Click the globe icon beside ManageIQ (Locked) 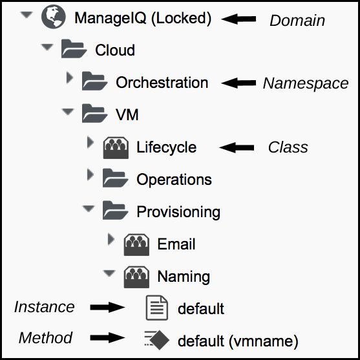pos(54,17)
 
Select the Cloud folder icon pos(74,48)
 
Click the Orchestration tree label pos(162,83)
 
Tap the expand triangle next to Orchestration pos(69,78)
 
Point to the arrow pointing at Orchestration pos(238,83)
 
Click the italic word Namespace pos(306,83)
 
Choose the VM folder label pos(127,114)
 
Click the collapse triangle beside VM pos(68,112)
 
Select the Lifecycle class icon pos(116,147)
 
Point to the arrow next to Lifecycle pos(237,147)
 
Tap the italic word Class pos(288,147)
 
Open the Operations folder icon pos(115,178)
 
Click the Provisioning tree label pos(178,212)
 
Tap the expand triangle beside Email pos(111,239)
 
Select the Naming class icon pos(136,277)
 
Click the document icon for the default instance pos(157,308)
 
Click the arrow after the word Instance pos(108,307)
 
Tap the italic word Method pos(45,338)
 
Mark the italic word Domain pos(297,21)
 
